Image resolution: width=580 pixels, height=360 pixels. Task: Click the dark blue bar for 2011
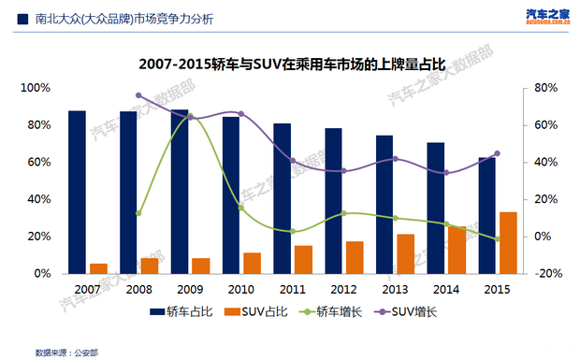(x=283, y=198)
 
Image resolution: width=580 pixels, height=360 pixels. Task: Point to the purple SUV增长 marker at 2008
(x=138, y=95)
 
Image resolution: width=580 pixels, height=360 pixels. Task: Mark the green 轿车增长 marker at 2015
(x=497, y=239)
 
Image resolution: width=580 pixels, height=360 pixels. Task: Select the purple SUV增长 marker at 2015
(x=497, y=153)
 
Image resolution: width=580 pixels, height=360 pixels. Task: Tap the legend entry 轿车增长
(x=327, y=311)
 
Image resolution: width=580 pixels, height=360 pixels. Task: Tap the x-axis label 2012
(x=343, y=290)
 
